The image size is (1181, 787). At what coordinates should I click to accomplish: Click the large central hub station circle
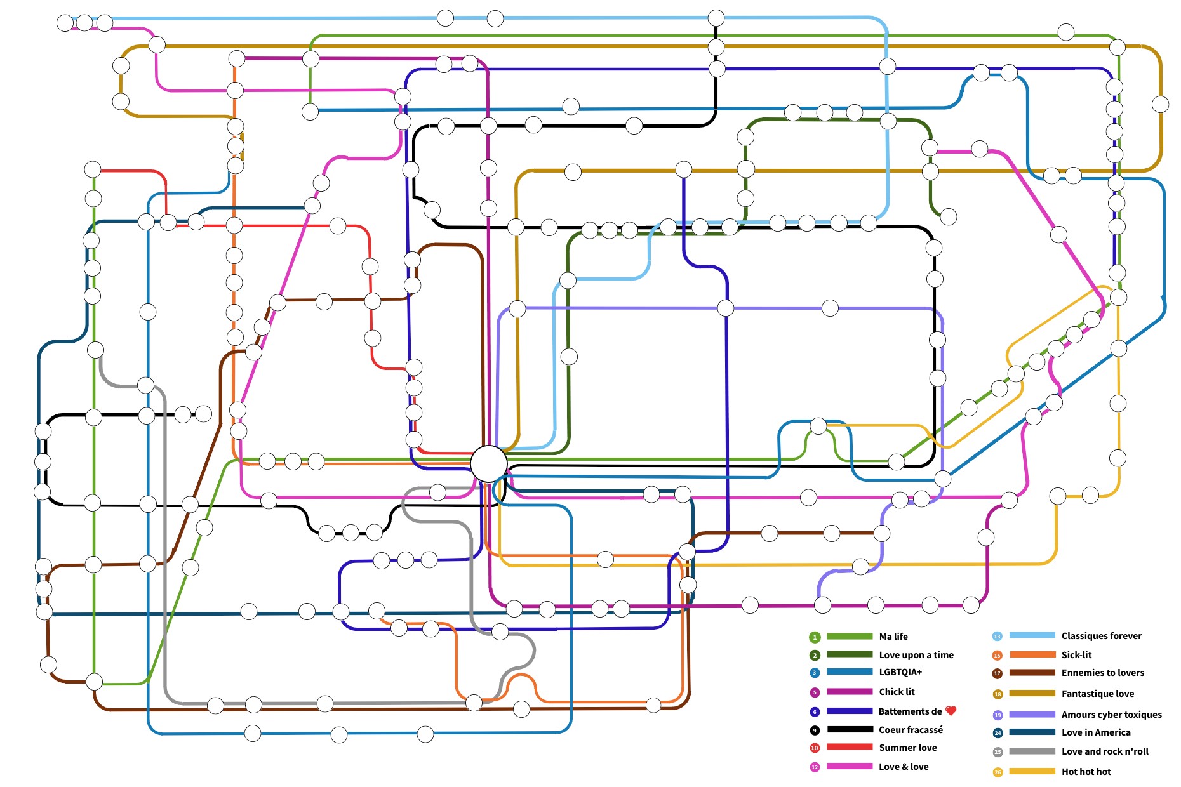click(x=489, y=463)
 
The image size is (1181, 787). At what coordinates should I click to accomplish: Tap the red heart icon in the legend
click(x=951, y=711)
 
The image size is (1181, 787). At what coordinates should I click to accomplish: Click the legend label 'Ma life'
click(x=893, y=637)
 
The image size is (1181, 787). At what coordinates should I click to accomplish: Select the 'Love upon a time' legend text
click(x=916, y=655)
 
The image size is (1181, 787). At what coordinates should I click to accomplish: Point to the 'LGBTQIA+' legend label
click(x=900, y=672)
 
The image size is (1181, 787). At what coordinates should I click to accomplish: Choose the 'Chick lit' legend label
click(x=897, y=692)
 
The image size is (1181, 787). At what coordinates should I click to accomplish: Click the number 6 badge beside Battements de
click(x=815, y=712)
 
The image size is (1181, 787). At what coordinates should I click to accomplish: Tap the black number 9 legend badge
click(x=815, y=731)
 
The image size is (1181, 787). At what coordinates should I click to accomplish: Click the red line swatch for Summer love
click(x=849, y=748)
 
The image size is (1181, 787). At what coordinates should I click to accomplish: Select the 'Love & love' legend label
click(x=903, y=767)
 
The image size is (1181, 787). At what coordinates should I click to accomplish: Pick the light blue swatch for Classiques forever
click(x=1032, y=636)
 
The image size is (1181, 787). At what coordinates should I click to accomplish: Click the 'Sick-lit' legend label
click(x=1076, y=655)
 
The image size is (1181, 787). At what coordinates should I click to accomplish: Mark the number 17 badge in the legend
click(x=997, y=673)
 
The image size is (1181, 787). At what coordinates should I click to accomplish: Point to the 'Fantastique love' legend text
click(x=1097, y=694)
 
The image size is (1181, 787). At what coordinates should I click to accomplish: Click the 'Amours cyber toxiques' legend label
click(x=1111, y=715)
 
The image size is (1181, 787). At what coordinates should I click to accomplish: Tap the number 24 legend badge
click(x=998, y=733)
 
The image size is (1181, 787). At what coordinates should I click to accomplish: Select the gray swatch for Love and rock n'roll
click(x=1032, y=751)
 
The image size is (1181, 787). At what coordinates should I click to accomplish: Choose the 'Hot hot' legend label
click(x=1086, y=772)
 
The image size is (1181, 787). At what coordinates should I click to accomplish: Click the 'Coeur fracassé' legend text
click(x=911, y=730)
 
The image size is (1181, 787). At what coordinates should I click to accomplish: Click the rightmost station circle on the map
click(x=1160, y=104)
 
